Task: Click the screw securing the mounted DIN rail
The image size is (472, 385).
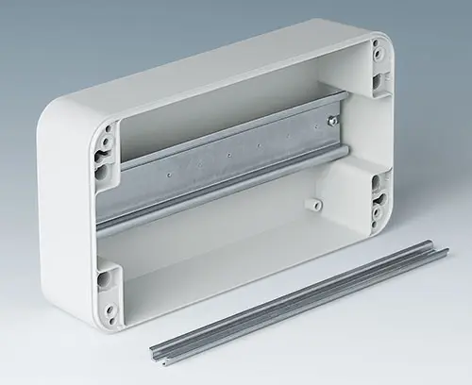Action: click(331, 120)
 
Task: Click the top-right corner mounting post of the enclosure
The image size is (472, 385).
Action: click(380, 66)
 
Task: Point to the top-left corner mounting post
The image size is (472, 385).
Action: click(107, 150)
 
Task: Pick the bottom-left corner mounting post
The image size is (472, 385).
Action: click(108, 287)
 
